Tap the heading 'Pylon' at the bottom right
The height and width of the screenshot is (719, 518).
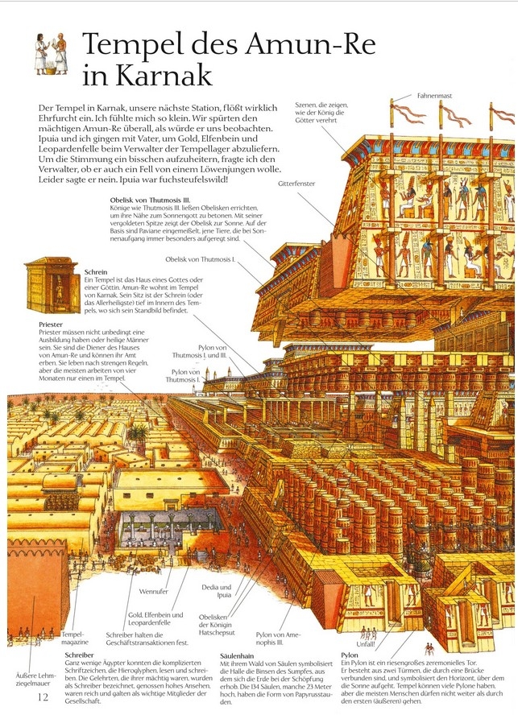(x=350, y=656)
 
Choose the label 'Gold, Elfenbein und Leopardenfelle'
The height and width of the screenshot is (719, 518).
(x=155, y=619)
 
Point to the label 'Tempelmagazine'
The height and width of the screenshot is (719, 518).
(x=73, y=639)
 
